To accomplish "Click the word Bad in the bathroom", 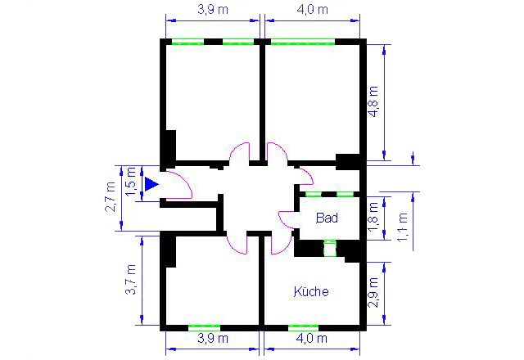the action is click(x=327, y=218).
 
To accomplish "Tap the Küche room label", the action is click(x=311, y=291).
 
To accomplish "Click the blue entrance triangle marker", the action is click(x=151, y=184).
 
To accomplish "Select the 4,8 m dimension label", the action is click(x=373, y=101).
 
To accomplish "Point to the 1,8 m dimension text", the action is click(x=373, y=217).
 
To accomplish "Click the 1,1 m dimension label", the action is click(x=402, y=227).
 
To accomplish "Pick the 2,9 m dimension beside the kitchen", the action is click(x=373, y=293).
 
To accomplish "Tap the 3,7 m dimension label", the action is click(x=131, y=280).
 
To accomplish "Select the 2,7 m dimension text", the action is click(x=110, y=197).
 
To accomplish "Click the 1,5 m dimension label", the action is click(x=131, y=182).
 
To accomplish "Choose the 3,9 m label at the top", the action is click(x=213, y=9).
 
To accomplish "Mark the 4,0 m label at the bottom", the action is click(x=312, y=339).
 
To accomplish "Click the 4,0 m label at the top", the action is click(x=313, y=9).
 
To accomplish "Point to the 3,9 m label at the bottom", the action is click(x=213, y=339).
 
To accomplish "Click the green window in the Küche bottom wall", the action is click(x=304, y=327).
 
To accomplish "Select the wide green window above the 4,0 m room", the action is click(x=303, y=42).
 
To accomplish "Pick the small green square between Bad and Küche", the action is click(x=330, y=248).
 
